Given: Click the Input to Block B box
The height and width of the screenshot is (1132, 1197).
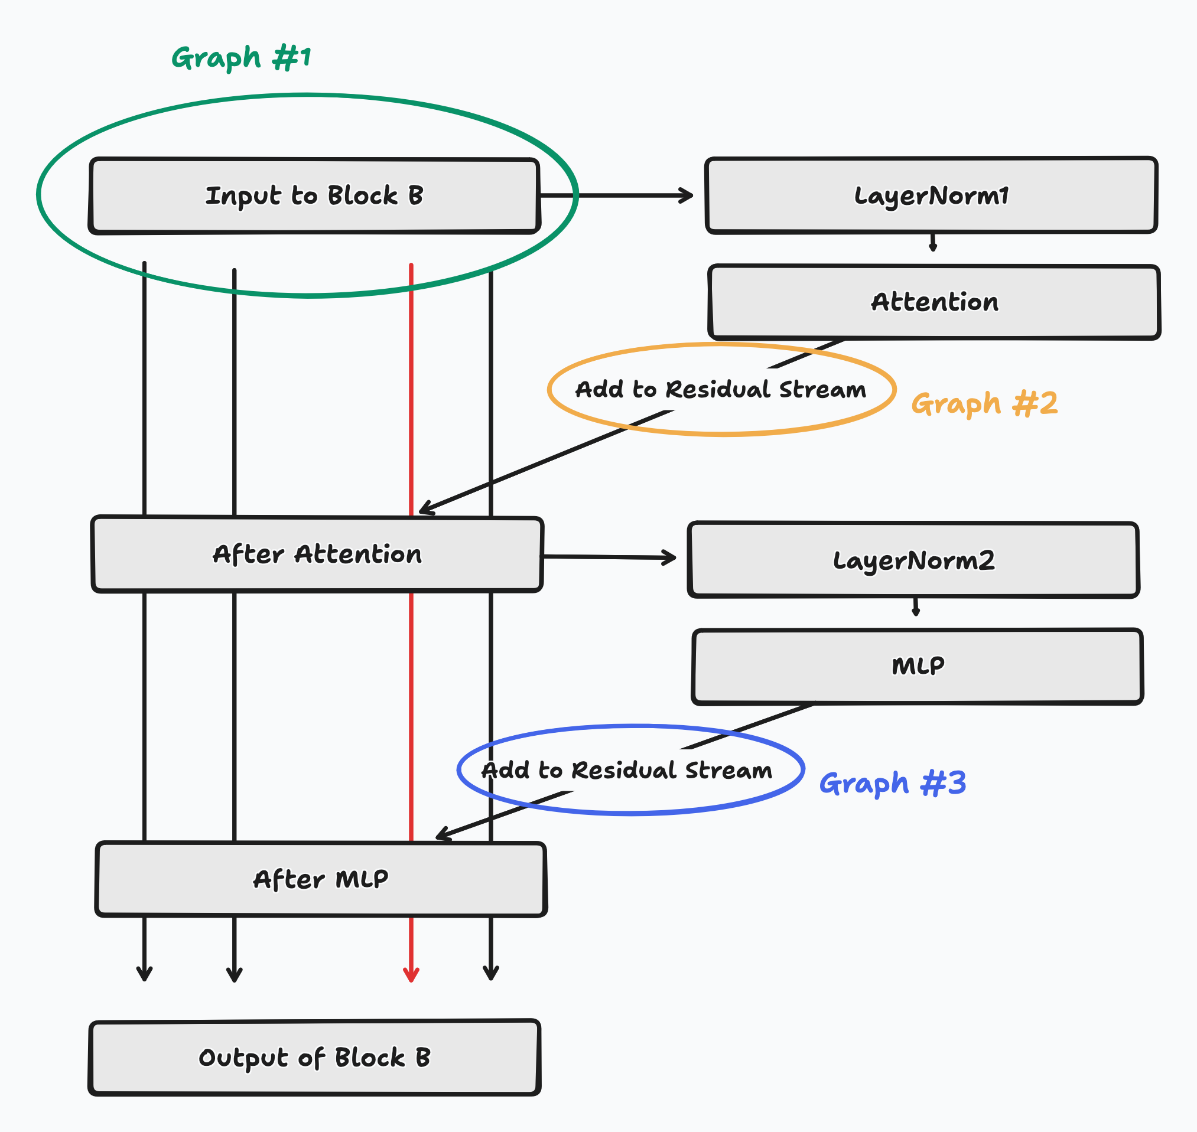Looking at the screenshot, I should click(314, 195).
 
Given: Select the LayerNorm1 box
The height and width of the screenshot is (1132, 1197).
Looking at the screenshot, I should click(931, 195).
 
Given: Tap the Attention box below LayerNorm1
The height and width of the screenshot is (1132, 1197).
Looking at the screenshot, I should click(934, 302).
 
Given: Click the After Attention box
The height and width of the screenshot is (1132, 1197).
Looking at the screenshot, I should click(317, 554).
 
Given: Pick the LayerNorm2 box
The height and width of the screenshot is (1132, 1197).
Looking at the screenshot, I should click(913, 560).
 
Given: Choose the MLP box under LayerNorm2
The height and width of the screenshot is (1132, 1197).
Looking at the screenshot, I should click(918, 666).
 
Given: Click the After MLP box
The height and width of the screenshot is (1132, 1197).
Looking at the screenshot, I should click(321, 879).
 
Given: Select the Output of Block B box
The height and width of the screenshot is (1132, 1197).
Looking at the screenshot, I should click(314, 1057).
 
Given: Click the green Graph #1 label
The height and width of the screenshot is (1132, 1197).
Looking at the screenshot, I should click(242, 58).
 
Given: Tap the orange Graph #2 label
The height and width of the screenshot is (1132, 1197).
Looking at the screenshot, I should click(984, 404).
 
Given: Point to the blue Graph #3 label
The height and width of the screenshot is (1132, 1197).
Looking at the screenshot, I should click(892, 783).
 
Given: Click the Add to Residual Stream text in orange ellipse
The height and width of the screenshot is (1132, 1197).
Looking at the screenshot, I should click(721, 389).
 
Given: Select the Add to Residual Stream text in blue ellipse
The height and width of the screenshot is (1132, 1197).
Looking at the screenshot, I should click(627, 771).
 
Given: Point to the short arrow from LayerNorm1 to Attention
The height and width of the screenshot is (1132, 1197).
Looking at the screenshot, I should click(933, 243).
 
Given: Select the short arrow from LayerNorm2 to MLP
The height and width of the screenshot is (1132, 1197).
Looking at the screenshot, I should click(916, 607).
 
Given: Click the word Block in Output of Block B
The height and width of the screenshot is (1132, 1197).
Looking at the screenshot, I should click(369, 1057).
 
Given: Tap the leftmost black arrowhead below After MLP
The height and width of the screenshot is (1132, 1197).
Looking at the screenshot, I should click(144, 973).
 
